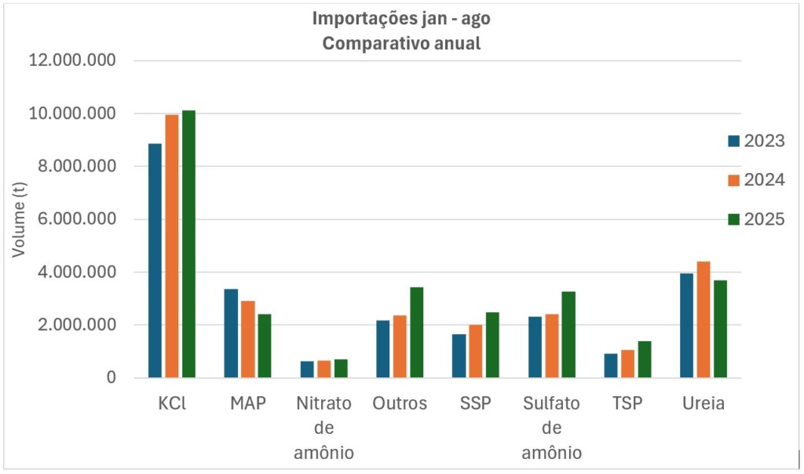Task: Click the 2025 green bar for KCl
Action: (x=188, y=244)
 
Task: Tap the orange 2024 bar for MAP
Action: (x=247, y=339)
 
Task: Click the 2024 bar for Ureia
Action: (x=703, y=319)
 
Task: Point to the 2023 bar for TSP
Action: (x=610, y=366)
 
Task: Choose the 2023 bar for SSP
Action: (x=459, y=356)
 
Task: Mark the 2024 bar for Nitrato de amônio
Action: (x=323, y=369)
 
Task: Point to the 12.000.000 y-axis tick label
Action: (x=72, y=61)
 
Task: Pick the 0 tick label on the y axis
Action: (x=111, y=378)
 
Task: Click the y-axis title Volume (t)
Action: (x=20, y=219)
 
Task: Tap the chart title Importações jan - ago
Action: (x=401, y=18)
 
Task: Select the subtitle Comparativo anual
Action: (x=401, y=43)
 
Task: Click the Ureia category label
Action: (x=703, y=404)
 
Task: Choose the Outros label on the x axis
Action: (x=400, y=404)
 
